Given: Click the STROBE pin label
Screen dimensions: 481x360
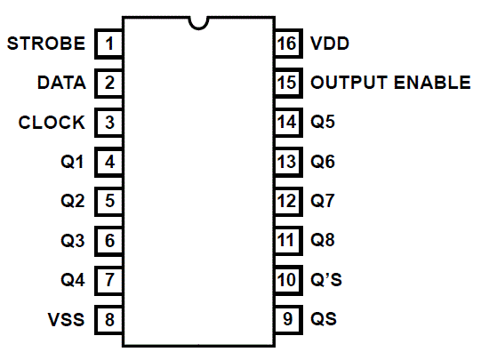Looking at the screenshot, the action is coord(46,44).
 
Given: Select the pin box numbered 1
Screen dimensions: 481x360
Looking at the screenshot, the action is coord(108,44).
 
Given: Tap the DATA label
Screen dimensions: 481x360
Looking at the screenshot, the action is coord(61,83).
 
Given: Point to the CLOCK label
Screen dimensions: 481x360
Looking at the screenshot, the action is coord(52,123).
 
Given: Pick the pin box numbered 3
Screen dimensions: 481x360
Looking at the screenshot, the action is coord(108,123).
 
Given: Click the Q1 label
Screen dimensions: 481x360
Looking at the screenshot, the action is coord(72,162).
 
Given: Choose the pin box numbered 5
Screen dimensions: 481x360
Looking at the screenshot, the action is coord(108,201).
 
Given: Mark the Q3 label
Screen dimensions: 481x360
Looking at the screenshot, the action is coord(72,240).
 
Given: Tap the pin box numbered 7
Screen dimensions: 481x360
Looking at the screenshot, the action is coord(108,280).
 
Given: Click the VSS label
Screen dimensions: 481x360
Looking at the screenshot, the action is coord(66,319).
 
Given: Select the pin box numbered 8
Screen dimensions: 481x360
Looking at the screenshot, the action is coord(108,319).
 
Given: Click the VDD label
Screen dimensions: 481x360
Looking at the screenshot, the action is coord(330,44).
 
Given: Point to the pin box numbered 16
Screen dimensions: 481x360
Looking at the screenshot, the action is coord(288,44).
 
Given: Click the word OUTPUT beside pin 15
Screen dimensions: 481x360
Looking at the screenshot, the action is coord(349,83).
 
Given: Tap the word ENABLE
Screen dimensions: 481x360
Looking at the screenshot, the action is coord(432,83).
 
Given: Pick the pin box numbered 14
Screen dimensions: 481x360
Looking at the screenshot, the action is coord(288,123).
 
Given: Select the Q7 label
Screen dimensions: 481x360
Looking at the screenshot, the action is coord(323,201).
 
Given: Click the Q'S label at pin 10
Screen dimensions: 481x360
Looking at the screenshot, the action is coord(326,280).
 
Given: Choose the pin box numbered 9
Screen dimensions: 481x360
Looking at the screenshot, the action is coord(288,319).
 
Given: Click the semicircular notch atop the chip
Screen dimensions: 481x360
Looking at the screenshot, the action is coord(199,28).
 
